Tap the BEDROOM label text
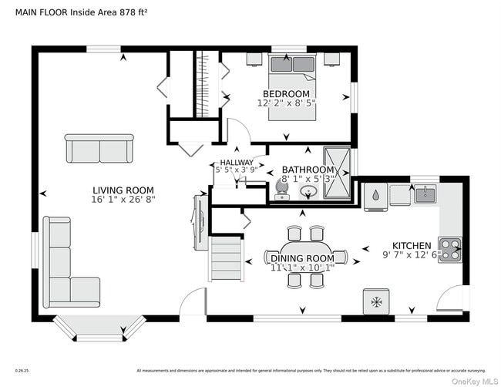(286, 94)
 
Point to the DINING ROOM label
(302, 258)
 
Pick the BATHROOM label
(308, 170)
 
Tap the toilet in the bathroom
(281, 187)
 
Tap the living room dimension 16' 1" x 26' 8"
(123, 200)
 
